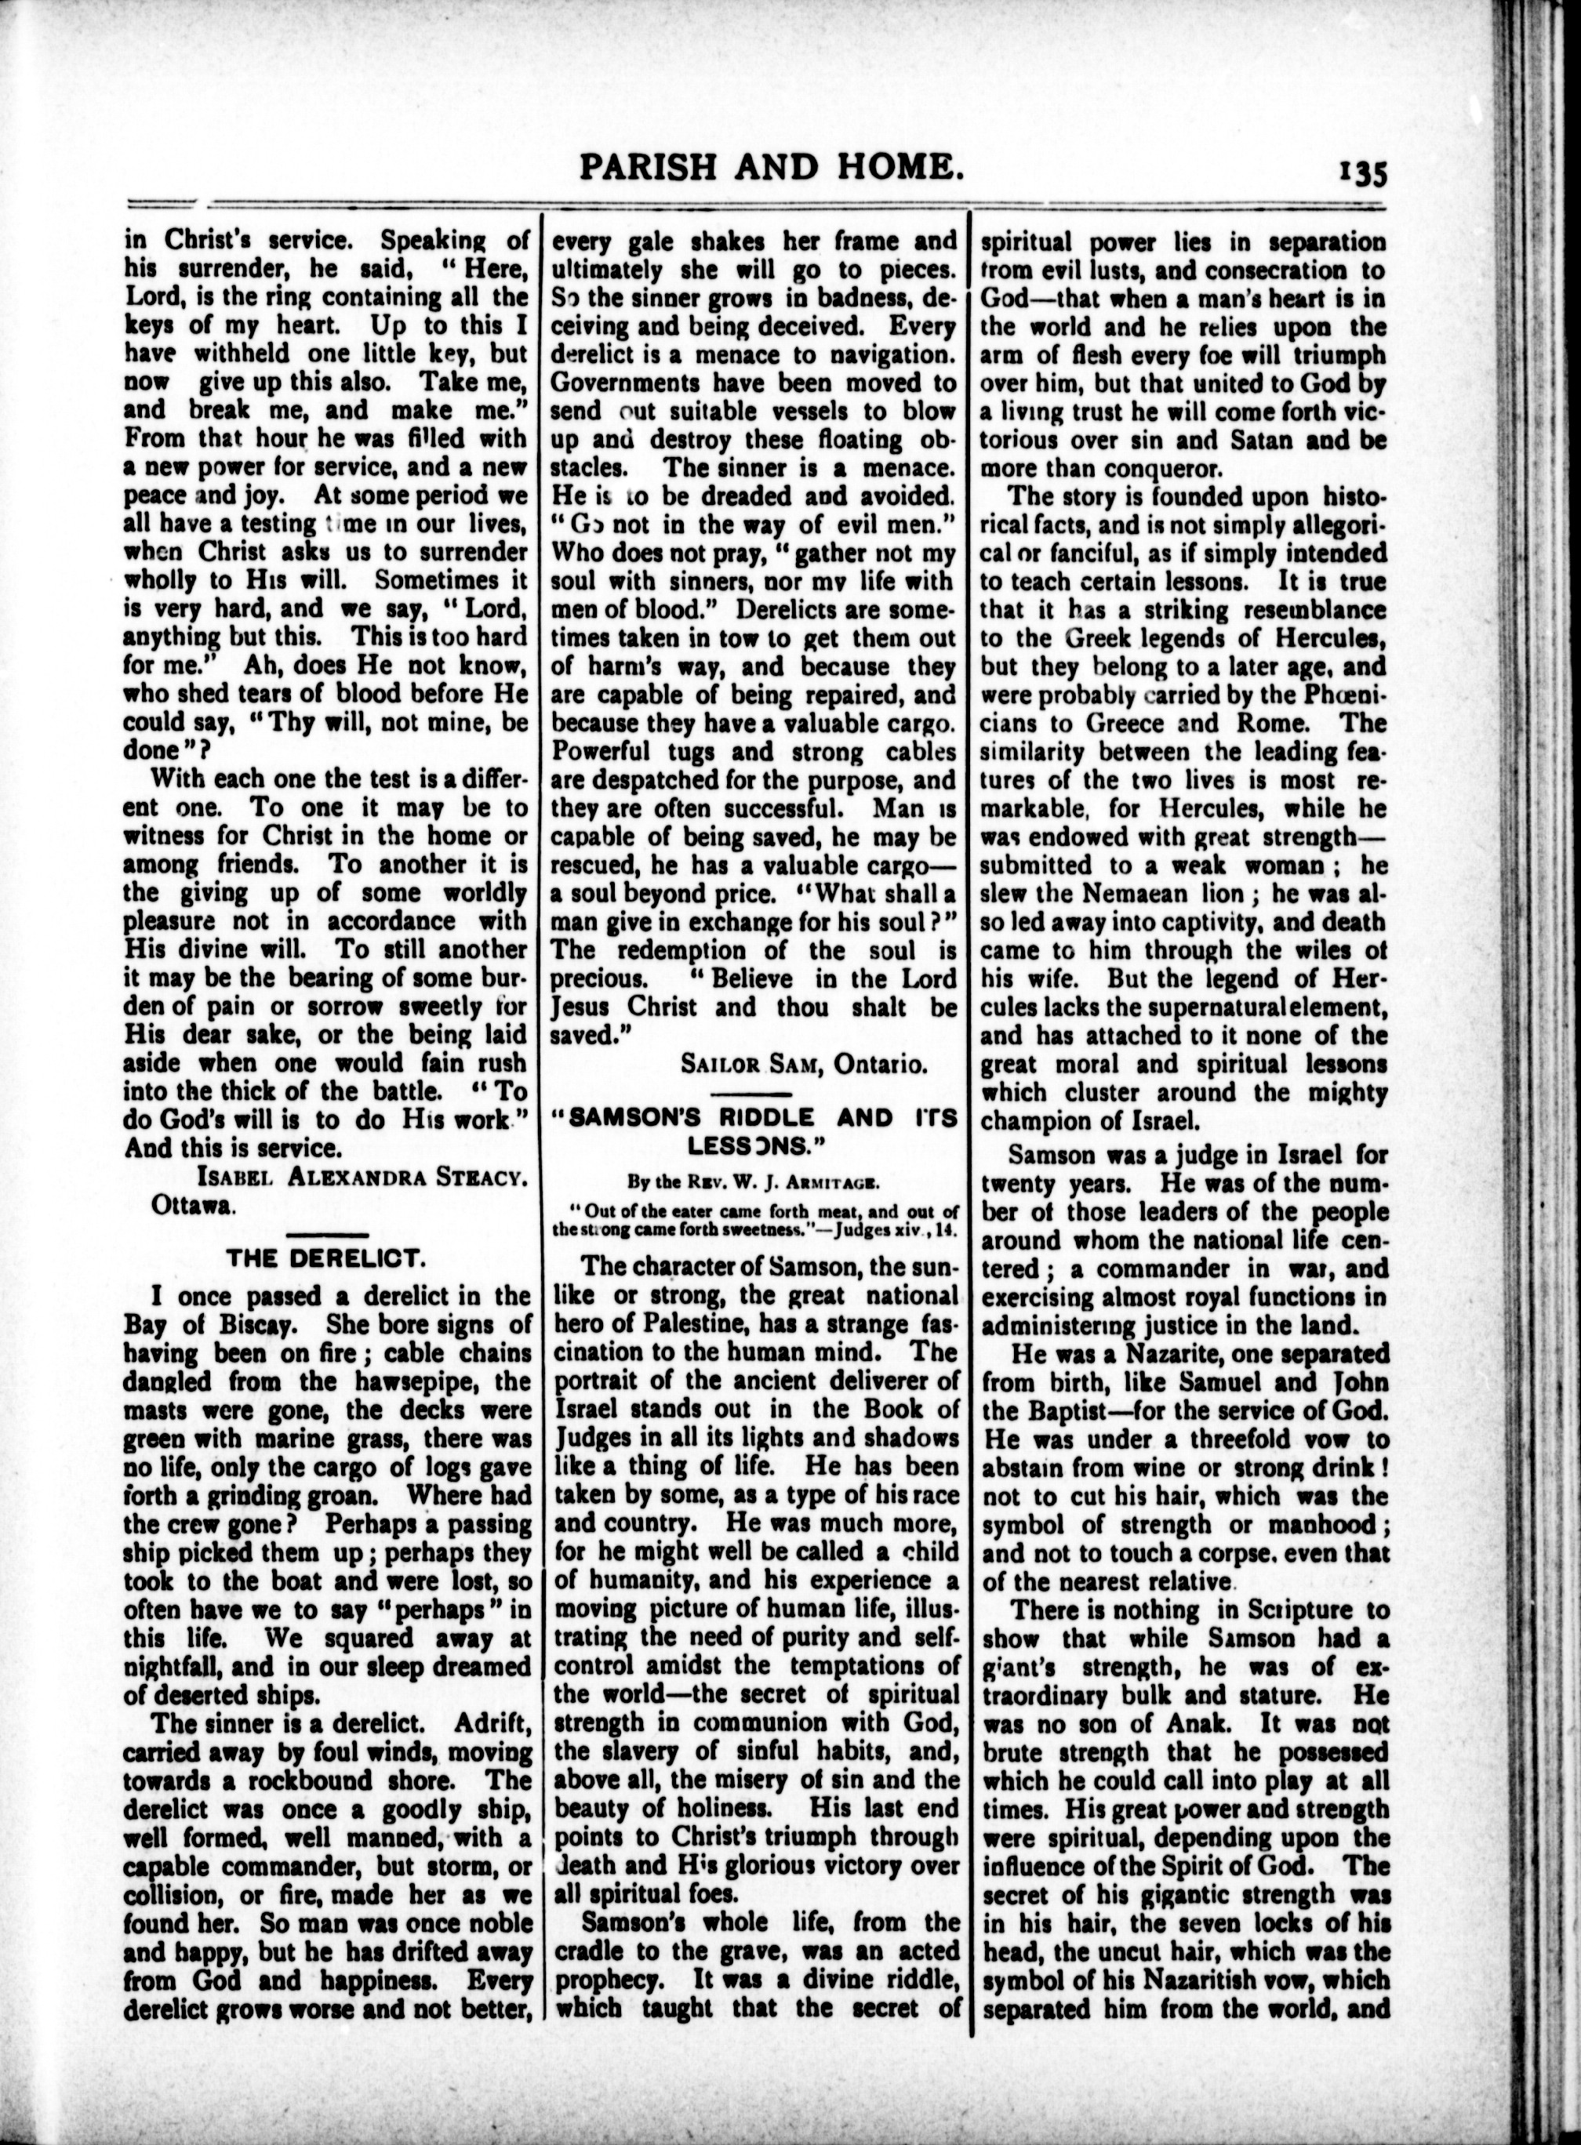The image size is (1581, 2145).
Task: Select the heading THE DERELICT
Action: coord(326,1259)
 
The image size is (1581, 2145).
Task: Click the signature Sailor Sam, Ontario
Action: coord(803,1062)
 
